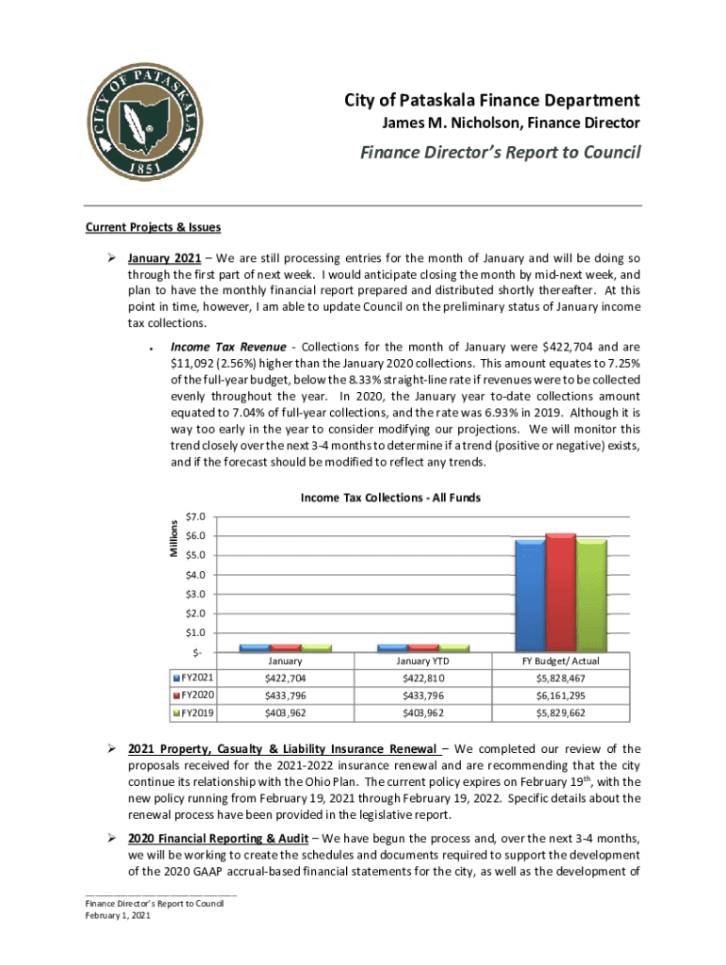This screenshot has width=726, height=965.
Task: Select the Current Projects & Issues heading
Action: pos(154,227)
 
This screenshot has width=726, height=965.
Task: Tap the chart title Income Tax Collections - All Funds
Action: pos(390,498)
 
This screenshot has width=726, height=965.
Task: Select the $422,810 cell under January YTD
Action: pos(422,679)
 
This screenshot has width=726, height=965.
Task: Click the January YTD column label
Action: pos(422,662)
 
